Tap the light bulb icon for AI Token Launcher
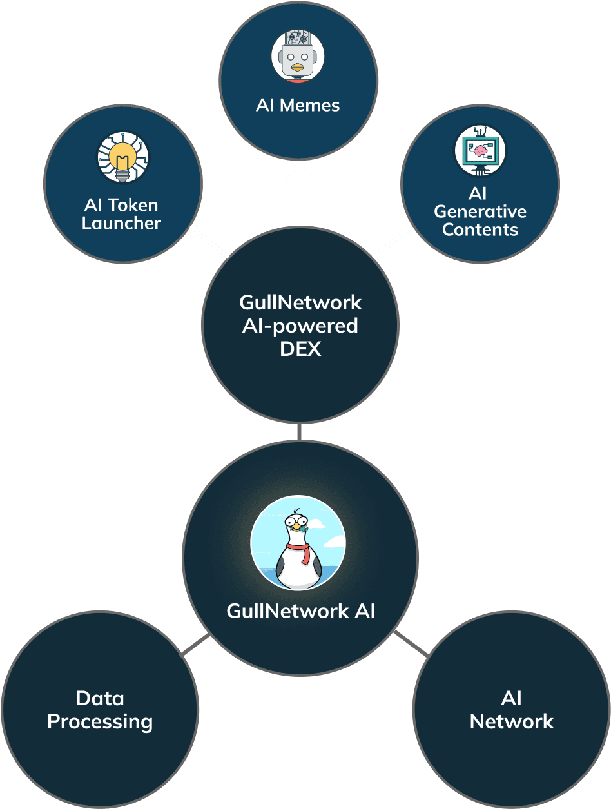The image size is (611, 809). pyautogui.click(x=122, y=157)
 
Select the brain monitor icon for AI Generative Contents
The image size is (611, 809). pyautogui.click(x=480, y=151)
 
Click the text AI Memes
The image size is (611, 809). pyautogui.click(x=298, y=106)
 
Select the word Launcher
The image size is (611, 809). pyautogui.click(x=121, y=224)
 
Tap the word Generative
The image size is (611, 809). pyautogui.click(x=480, y=211)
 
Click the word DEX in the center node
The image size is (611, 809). pyautogui.click(x=300, y=349)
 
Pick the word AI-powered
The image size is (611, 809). pyautogui.click(x=300, y=326)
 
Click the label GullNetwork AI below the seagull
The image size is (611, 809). pyautogui.click(x=300, y=611)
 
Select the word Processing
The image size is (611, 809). pyautogui.click(x=100, y=721)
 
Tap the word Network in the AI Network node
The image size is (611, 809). pyautogui.click(x=511, y=721)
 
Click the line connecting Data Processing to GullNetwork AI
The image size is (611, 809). pyautogui.click(x=195, y=645)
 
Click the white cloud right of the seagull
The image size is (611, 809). pyautogui.click(x=334, y=541)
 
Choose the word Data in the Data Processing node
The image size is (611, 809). pyautogui.click(x=100, y=698)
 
